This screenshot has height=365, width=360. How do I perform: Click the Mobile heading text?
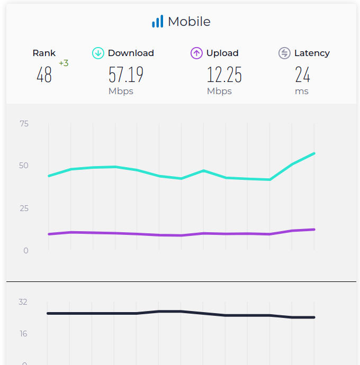coord(189,22)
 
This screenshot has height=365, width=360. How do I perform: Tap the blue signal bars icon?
coord(157,22)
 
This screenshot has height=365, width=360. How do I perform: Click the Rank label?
coord(44,53)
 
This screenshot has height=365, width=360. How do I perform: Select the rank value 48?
coord(44,75)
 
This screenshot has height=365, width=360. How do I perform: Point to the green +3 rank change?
coord(64,63)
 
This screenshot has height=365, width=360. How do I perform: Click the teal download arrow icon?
coord(98,53)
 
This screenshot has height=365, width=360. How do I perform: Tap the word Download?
coord(131,53)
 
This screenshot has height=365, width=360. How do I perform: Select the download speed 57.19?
coord(126,75)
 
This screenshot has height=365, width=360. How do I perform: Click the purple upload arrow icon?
coord(196,53)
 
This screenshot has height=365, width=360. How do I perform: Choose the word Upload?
coord(222,53)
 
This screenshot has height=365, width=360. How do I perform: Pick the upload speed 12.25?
coord(224,75)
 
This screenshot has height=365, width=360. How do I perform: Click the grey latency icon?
coord(284,53)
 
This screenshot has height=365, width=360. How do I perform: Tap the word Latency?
coord(312,53)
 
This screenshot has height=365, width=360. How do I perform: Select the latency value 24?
coord(302,75)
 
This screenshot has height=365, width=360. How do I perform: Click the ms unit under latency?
coord(302,91)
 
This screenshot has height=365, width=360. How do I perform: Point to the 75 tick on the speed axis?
coord(24,124)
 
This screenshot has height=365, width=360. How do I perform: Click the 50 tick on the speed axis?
coord(24,166)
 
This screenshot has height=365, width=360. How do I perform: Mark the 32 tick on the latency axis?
coord(23,302)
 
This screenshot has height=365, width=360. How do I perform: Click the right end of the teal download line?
coord(314,153)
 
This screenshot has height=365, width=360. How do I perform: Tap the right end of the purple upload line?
coord(314,230)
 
